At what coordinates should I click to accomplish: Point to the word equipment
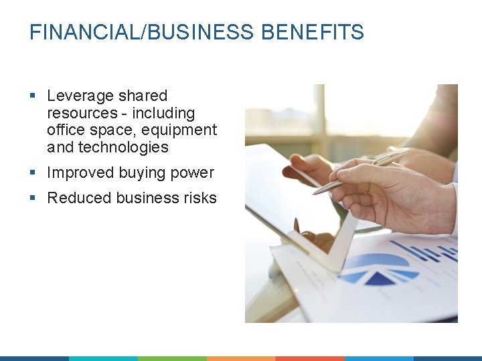tap(183, 130)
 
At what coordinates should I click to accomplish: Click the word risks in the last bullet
tap(199, 198)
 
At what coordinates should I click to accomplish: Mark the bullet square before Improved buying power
tap(33, 173)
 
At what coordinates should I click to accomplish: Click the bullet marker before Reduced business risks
tap(33, 199)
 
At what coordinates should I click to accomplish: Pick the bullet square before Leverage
tap(33, 97)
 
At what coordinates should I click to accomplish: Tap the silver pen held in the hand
tap(361, 171)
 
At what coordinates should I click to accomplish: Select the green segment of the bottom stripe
tap(172, 358)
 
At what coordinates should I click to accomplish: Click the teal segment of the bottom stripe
tap(103, 358)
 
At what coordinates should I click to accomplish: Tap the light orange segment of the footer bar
tap(241, 358)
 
